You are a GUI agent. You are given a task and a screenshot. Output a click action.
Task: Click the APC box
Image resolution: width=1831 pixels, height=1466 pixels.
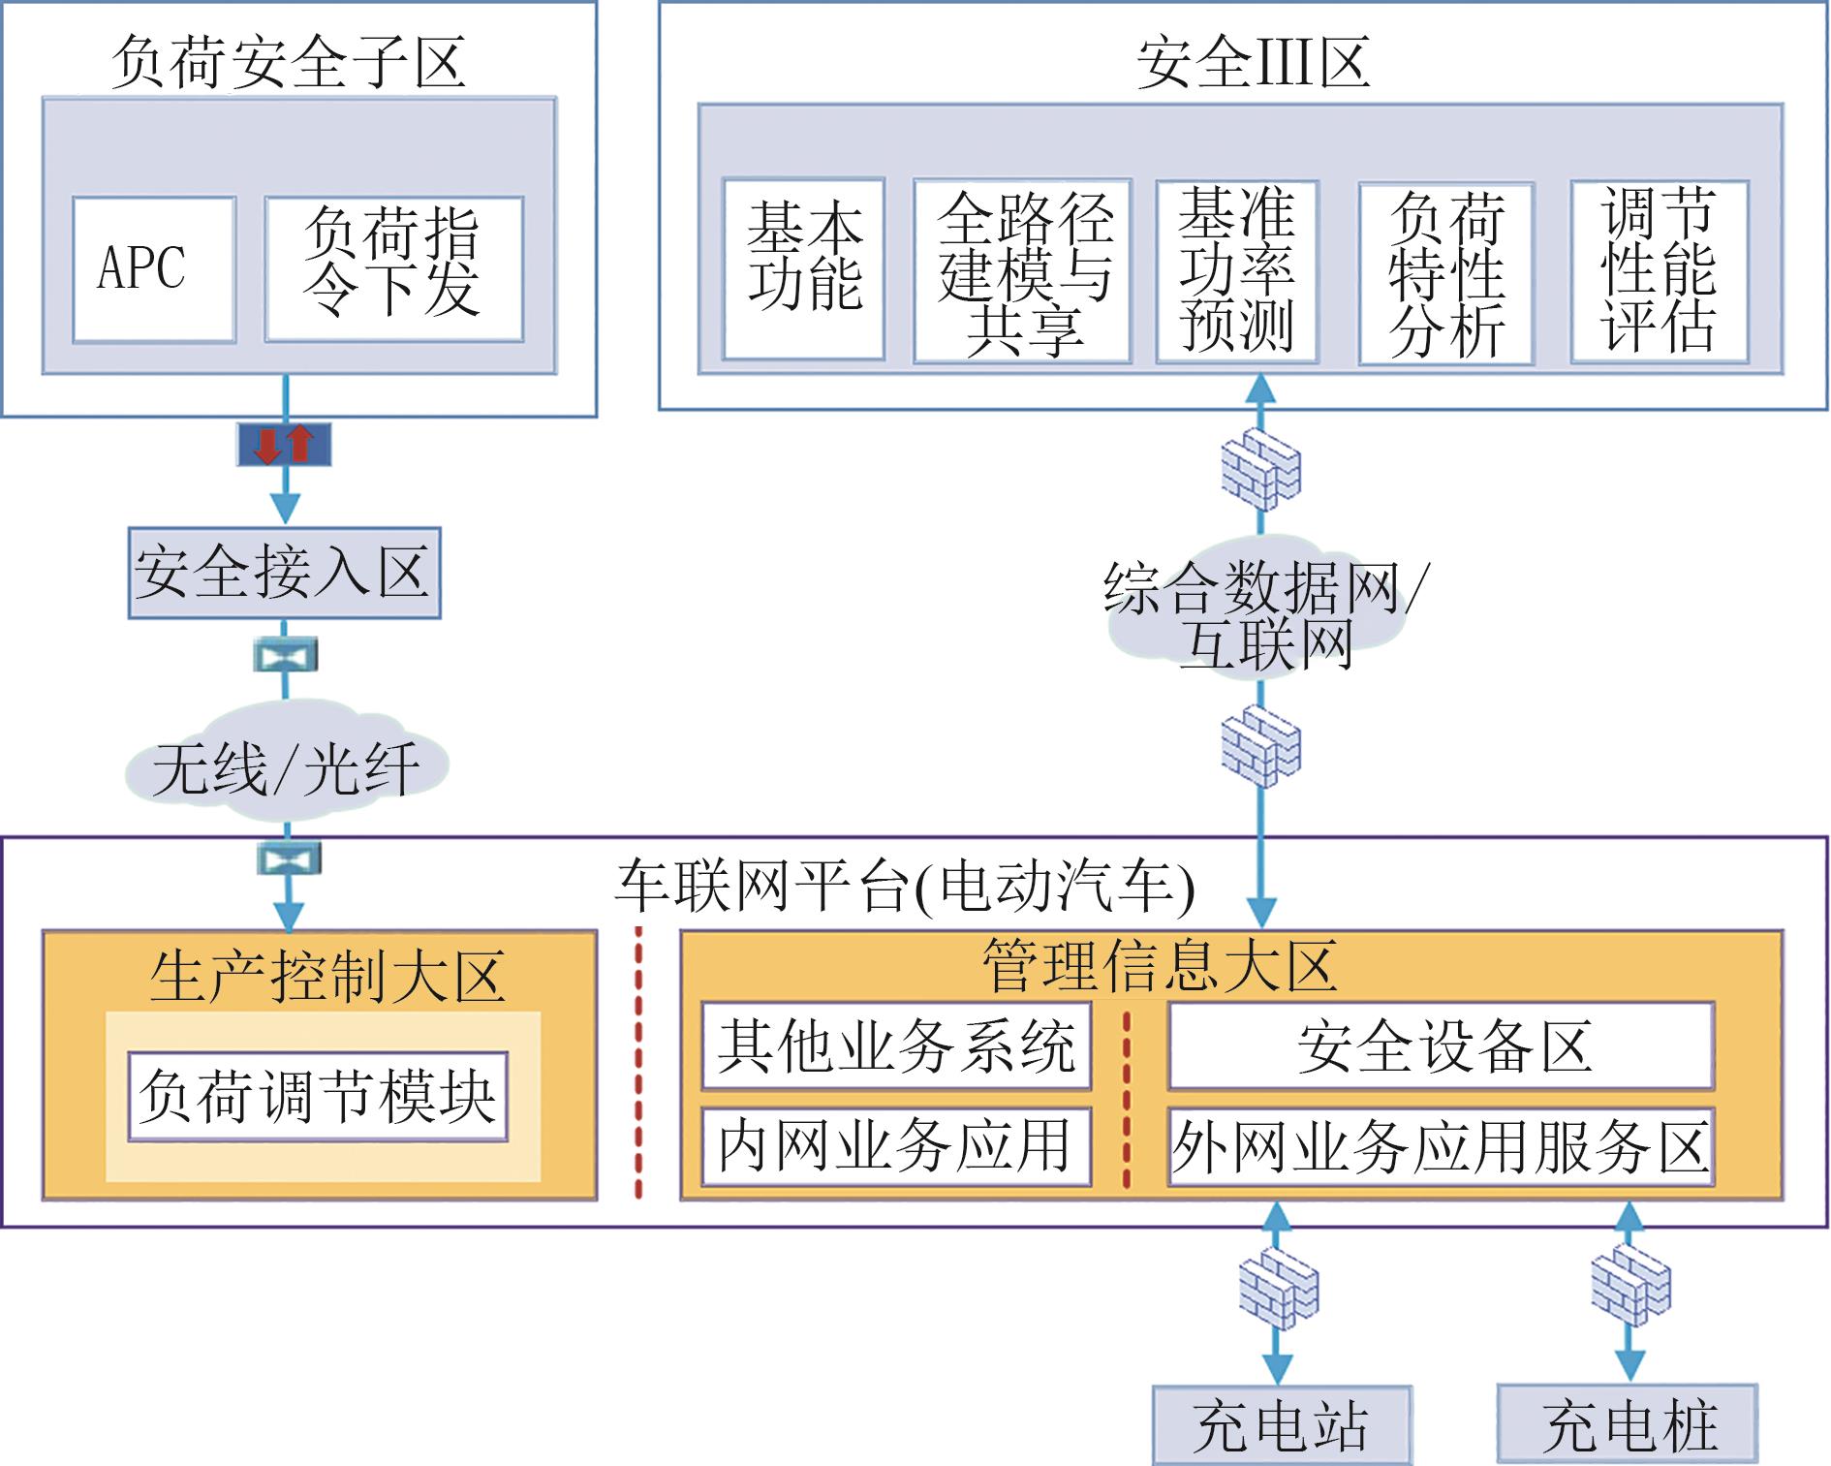click(x=153, y=268)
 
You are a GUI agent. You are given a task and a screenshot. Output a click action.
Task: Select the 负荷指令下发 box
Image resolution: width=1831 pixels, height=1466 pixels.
click(x=393, y=268)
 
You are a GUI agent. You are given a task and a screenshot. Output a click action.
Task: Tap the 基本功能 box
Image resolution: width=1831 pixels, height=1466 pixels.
click(x=803, y=268)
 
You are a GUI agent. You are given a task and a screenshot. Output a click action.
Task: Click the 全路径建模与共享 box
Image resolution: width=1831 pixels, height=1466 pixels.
click(x=1022, y=271)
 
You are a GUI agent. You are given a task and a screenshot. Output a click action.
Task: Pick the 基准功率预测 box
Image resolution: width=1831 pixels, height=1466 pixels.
click(x=1236, y=271)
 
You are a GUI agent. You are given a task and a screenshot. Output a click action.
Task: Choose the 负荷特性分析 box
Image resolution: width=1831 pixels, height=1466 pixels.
click(x=1445, y=273)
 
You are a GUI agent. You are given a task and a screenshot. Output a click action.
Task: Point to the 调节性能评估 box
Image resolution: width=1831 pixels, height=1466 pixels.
click(x=1659, y=271)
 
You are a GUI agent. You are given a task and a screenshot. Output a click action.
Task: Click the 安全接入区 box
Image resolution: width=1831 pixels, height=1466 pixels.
click(x=284, y=573)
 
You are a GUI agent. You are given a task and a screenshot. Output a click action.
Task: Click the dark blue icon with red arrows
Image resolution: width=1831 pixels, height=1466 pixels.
click(x=285, y=445)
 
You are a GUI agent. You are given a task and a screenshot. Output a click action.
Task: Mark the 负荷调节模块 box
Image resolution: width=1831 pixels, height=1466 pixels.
click(x=318, y=1096)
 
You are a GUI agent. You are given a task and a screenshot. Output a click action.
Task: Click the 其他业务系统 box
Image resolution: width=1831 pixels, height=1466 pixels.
click(x=896, y=1046)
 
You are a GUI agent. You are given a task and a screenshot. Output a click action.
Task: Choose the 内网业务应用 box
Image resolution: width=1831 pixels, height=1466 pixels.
click(x=896, y=1146)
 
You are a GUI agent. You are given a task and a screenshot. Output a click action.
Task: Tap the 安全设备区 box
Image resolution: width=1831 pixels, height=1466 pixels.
click(x=1441, y=1046)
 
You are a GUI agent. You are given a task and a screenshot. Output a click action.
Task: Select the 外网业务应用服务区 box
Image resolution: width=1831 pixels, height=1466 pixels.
click(x=1441, y=1147)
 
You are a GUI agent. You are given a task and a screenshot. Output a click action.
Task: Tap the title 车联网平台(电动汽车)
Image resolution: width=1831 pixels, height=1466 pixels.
click(x=906, y=885)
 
